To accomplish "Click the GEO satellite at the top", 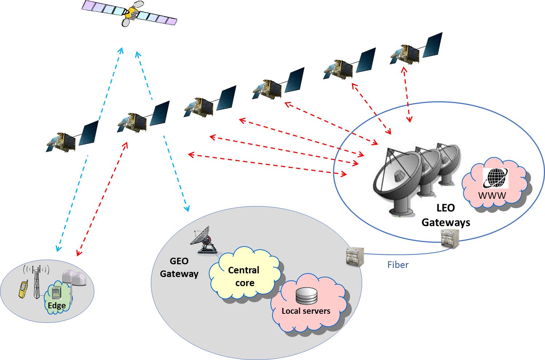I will pos(130,14).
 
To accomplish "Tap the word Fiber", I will pos(397,265).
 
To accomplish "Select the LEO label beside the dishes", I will pos(446,208).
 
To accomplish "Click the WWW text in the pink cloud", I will pos(492,195).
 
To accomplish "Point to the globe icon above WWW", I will pos(495,178).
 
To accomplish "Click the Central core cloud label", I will pos(244,276).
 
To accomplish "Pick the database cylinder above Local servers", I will pos(306,296).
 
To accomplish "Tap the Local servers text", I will pos(306,311).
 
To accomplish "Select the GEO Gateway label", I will pos(179,268).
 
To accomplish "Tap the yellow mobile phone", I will pos(23,289).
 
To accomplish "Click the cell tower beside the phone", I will pos(36,282).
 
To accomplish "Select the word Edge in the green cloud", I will pos(57,305).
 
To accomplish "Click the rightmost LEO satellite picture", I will pos(415,50).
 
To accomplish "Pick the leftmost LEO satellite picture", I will pos(72,137).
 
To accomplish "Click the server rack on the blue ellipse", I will pos(450,239).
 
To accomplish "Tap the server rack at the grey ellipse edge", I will pos(355,257).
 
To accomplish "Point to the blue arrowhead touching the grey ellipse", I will pos(187,209).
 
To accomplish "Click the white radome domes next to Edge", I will pos(75,278).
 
